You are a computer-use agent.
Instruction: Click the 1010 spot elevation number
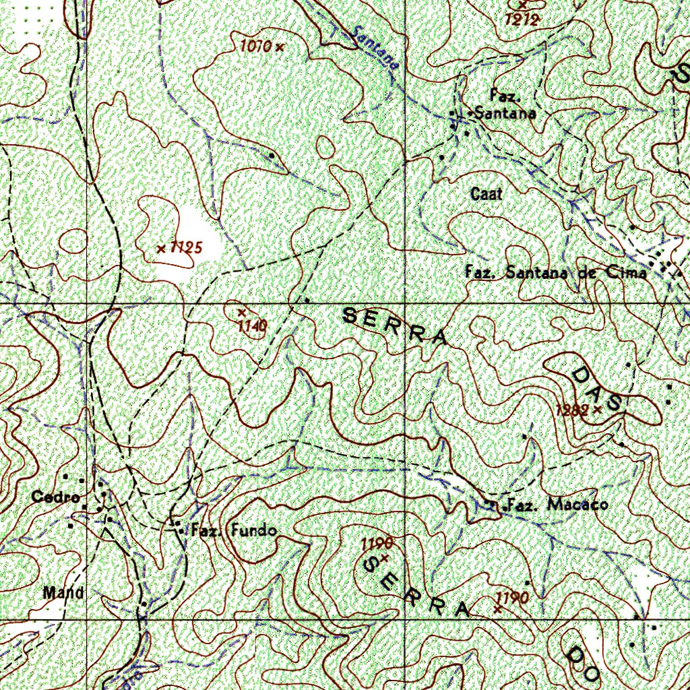pyautogui.click(x=255, y=46)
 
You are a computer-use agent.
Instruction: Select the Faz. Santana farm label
pyautogui.click(x=505, y=105)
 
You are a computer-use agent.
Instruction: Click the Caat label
pyautogui.click(x=487, y=194)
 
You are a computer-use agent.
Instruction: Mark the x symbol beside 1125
pyautogui.click(x=161, y=249)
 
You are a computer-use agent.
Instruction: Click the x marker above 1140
pyautogui.click(x=241, y=312)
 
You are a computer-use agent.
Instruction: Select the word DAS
pyautogui.click(x=596, y=389)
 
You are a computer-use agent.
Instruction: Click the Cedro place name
pyautogui.click(x=51, y=497)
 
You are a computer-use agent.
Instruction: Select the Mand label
pyautogui.click(x=63, y=593)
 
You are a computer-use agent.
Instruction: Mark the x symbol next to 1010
pyautogui.click(x=279, y=46)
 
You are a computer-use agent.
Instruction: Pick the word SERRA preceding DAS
pyautogui.click(x=395, y=327)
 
